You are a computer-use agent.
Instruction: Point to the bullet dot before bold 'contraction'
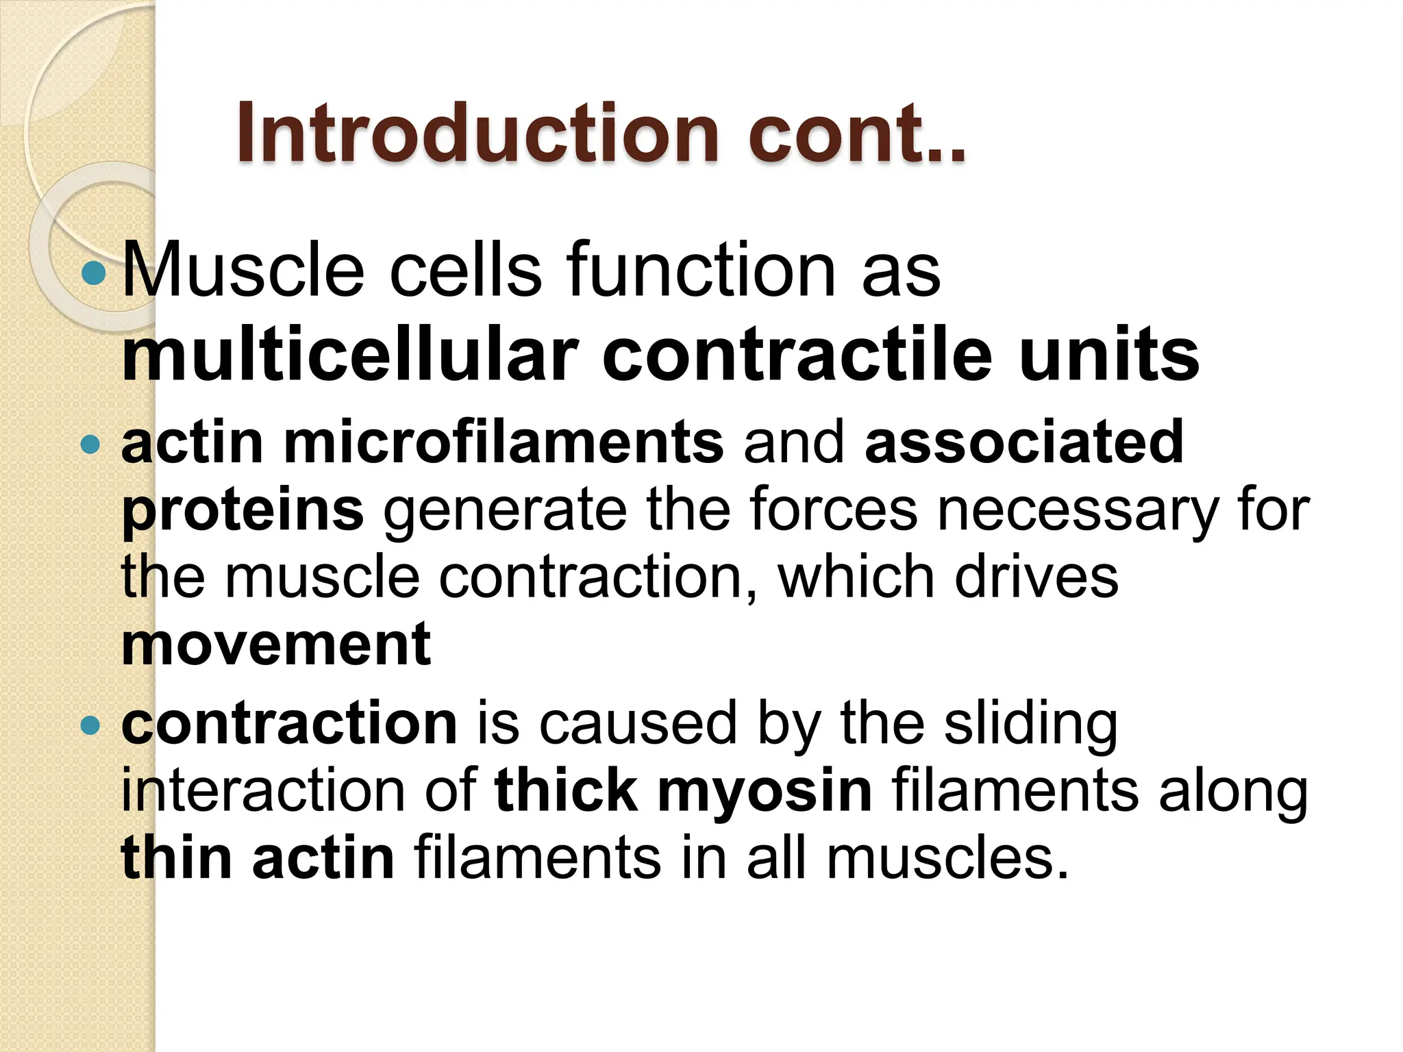90,725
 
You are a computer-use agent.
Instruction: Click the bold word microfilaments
504,442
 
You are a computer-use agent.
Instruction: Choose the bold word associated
1024,442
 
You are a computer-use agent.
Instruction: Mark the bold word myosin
765,792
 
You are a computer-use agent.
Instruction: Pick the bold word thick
566,792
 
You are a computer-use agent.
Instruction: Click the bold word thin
177,858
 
